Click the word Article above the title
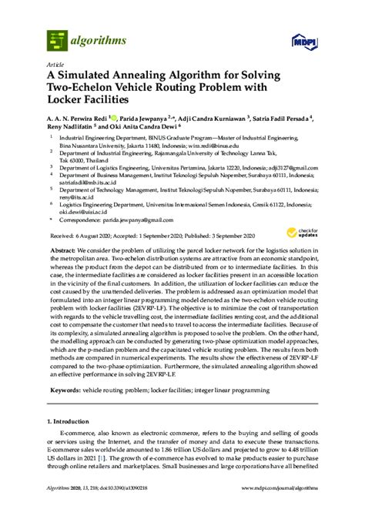[56, 64]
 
